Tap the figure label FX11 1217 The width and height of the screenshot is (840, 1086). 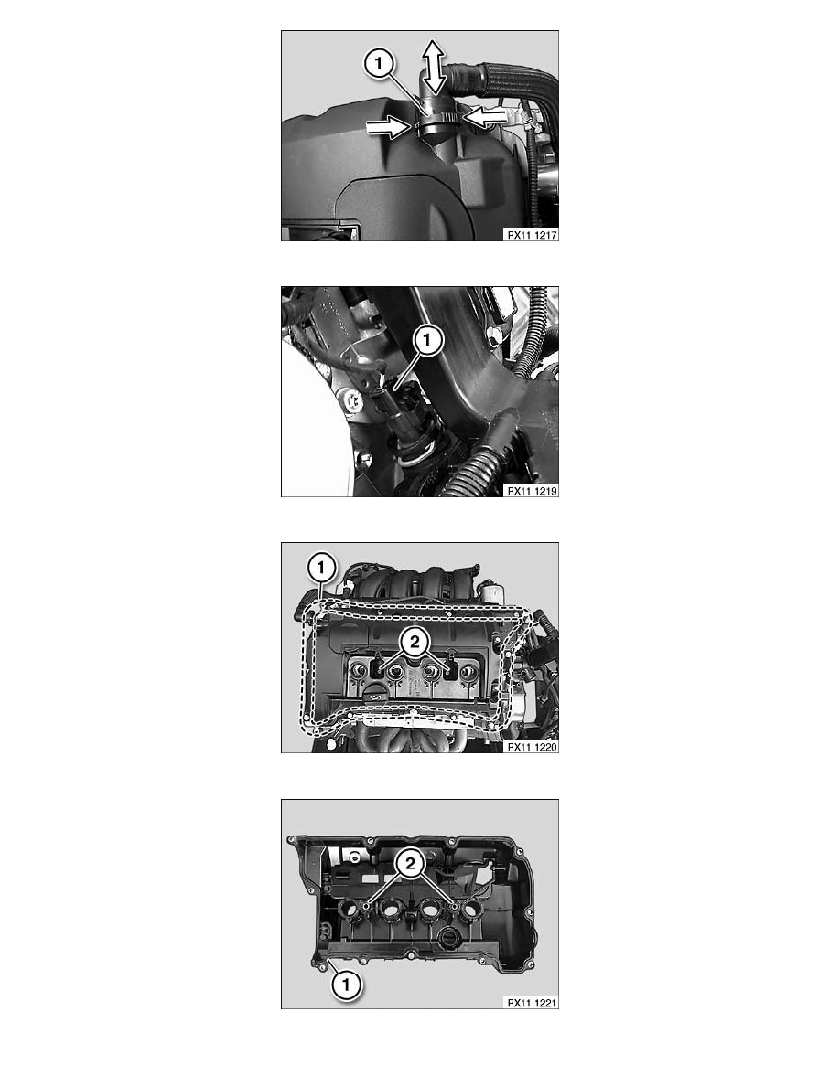533,234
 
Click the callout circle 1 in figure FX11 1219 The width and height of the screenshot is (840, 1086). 426,341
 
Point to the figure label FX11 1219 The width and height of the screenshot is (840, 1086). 533,490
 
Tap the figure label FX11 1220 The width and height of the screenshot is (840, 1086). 533,746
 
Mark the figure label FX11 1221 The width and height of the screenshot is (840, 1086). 533,1002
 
